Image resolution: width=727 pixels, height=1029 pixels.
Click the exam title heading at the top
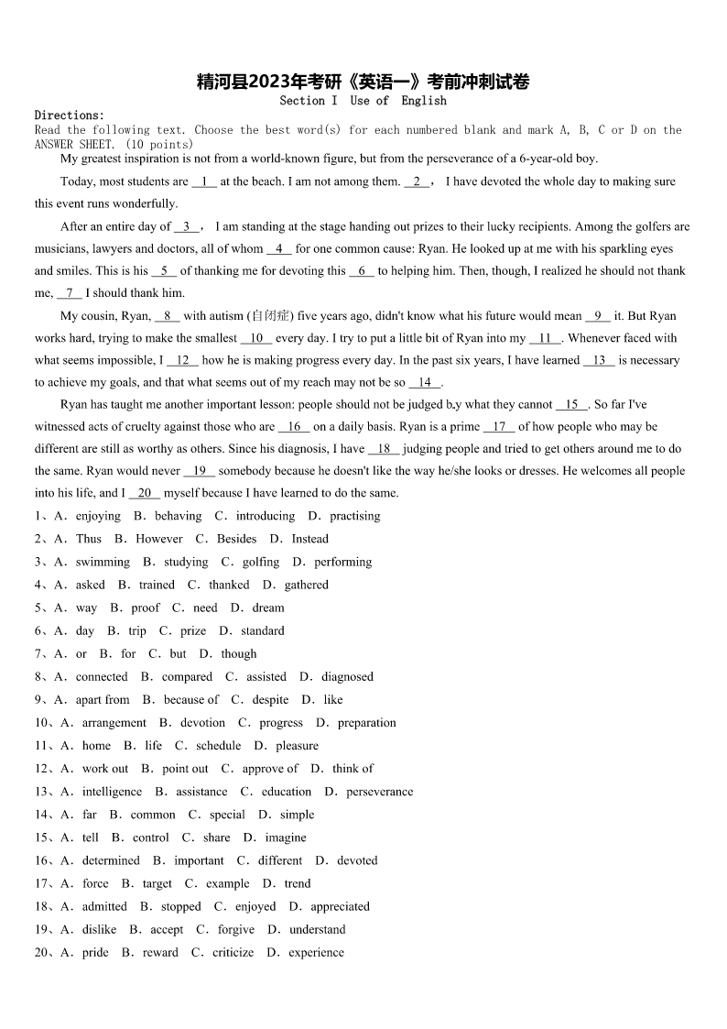[x=363, y=82]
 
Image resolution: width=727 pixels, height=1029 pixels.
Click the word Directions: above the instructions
[x=70, y=115]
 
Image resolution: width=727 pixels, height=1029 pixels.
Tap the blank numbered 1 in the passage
[x=203, y=181]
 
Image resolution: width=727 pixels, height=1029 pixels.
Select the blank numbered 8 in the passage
[x=168, y=316]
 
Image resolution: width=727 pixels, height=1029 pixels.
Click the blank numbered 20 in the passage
[x=144, y=493]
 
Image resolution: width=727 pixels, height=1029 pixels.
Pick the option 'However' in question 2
[x=159, y=539]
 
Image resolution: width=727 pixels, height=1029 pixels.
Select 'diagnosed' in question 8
[x=347, y=676]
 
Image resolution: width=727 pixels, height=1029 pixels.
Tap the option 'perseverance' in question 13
[x=379, y=792]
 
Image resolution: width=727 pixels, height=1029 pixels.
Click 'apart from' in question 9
[x=103, y=699]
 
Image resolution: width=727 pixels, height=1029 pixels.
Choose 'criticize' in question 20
[x=233, y=952]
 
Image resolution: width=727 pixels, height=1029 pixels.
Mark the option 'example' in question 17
[x=227, y=883]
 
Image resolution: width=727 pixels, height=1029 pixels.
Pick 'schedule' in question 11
[x=218, y=746]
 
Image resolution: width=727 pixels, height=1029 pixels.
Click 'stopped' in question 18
[x=180, y=906]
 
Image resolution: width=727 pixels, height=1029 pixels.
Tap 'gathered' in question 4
[x=306, y=585]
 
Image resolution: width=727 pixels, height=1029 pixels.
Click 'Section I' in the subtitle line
[x=309, y=101]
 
